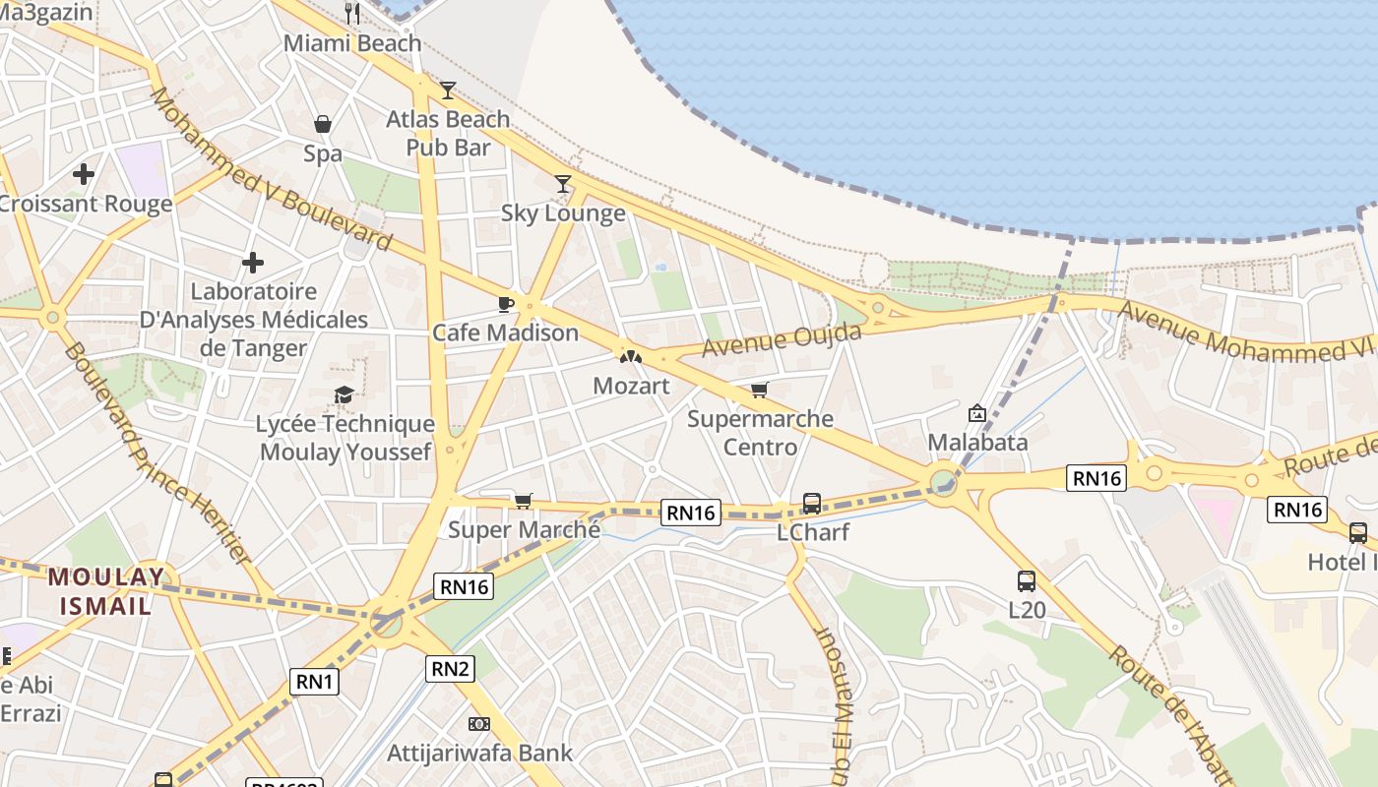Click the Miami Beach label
352,43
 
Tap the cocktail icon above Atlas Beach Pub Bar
448,91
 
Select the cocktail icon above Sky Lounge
563,183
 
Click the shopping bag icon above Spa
322,124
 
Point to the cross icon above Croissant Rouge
84,175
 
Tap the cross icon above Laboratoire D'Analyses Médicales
253,263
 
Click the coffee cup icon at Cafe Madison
506,304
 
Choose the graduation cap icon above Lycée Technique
344,395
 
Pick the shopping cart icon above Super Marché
524,502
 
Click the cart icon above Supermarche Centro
759,391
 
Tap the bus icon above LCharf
812,504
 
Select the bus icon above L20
1027,581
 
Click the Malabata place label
977,442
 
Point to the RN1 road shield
315,682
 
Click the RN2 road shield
451,670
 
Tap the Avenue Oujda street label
782,340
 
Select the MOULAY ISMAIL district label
106,591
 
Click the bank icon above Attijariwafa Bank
479,724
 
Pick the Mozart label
631,386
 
